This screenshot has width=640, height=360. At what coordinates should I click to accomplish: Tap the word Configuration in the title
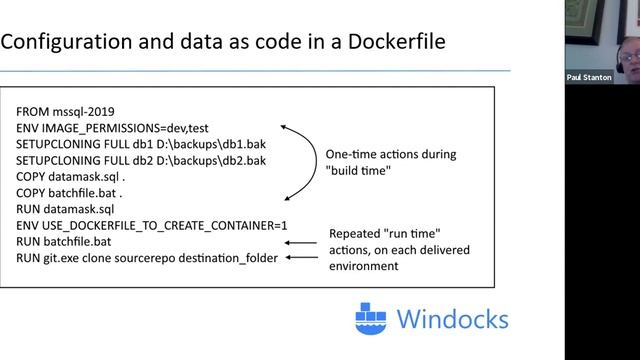pos(66,44)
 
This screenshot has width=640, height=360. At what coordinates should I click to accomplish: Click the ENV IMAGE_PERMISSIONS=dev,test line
pos(112,130)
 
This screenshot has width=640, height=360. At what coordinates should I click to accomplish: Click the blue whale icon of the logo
pos(373,319)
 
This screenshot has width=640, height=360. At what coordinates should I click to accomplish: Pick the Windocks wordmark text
pos(451,320)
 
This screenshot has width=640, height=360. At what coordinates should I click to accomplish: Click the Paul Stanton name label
pos(589,77)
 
